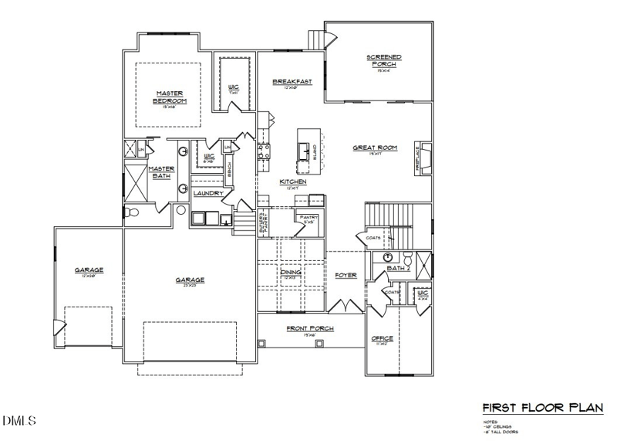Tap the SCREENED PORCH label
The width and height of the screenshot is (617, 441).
coord(383,60)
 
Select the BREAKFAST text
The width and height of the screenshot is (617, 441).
coord(292,81)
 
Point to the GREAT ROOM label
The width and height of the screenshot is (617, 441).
coord(374,148)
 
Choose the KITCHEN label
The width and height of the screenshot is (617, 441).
coord(293,181)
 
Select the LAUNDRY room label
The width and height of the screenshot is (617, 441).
coord(208,193)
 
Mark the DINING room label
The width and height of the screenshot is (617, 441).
coord(292,272)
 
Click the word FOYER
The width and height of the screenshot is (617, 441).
coord(345,275)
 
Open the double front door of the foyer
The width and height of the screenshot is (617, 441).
coord(345,306)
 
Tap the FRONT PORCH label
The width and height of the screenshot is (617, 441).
coord(309,328)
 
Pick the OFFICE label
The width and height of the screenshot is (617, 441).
coord(383,338)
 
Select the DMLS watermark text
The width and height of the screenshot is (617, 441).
coord(19,421)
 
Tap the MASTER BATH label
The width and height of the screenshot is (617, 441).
coord(161,172)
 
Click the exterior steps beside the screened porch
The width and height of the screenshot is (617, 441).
coord(315,39)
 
